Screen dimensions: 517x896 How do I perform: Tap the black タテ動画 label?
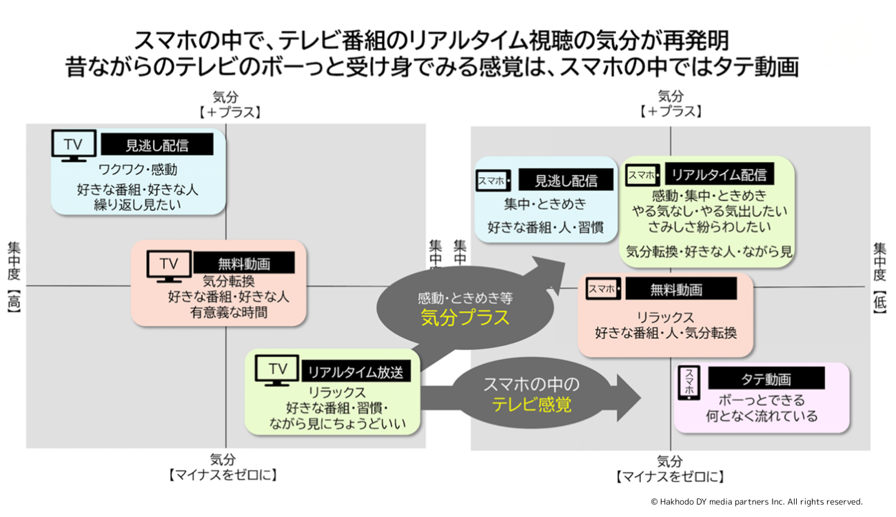coord(766,378)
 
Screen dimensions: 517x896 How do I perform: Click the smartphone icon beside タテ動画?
coord(690,383)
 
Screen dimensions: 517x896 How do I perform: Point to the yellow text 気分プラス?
coord(465,317)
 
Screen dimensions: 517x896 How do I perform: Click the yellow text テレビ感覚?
coord(531,405)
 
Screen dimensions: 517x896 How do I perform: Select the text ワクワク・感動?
coord(138,169)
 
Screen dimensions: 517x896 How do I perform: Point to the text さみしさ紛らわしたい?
coord(709,225)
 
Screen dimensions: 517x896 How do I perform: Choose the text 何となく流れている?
coord(762,416)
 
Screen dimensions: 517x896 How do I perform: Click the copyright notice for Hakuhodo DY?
coord(756,502)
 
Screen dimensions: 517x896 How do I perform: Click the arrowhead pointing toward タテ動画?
coord(629,398)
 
